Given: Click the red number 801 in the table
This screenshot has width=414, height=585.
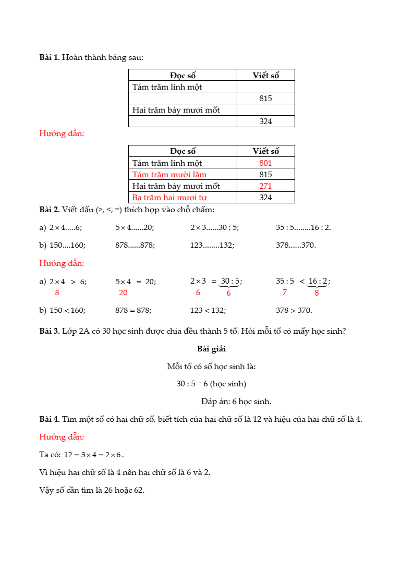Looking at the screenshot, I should click(x=265, y=163).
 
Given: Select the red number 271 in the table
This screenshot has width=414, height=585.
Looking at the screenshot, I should click(x=265, y=186).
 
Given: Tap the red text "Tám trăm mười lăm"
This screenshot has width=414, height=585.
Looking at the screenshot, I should click(x=169, y=175).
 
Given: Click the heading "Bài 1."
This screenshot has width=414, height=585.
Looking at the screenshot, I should click(x=50, y=57).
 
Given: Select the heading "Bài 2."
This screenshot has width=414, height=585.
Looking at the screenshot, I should click(x=50, y=210).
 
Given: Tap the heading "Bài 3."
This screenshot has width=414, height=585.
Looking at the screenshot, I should click(x=50, y=331).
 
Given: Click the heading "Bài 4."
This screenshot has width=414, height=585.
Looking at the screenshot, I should click(x=50, y=419).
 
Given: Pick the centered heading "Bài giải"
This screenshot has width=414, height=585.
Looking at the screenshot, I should click(x=211, y=348).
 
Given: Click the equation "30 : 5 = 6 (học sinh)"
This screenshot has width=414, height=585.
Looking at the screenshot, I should click(x=211, y=384).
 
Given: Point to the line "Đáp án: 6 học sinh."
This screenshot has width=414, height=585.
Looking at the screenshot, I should click(x=236, y=401).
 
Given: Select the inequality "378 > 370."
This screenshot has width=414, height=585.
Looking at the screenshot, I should click(x=294, y=310).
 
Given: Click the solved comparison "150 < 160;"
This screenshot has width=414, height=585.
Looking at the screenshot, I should click(x=68, y=310).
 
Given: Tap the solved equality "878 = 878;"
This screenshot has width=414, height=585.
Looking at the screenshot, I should click(x=133, y=310).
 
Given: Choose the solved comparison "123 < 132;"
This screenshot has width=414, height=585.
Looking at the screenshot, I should click(x=208, y=310).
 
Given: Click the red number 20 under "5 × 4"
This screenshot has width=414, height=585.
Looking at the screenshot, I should click(x=123, y=292).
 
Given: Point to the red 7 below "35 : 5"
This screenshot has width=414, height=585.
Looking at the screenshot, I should click(x=285, y=292).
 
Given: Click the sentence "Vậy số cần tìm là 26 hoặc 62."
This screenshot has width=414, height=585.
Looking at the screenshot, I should click(x=92, y=490).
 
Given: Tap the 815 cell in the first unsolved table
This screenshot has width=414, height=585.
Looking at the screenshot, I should click(x=265, y=98).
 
